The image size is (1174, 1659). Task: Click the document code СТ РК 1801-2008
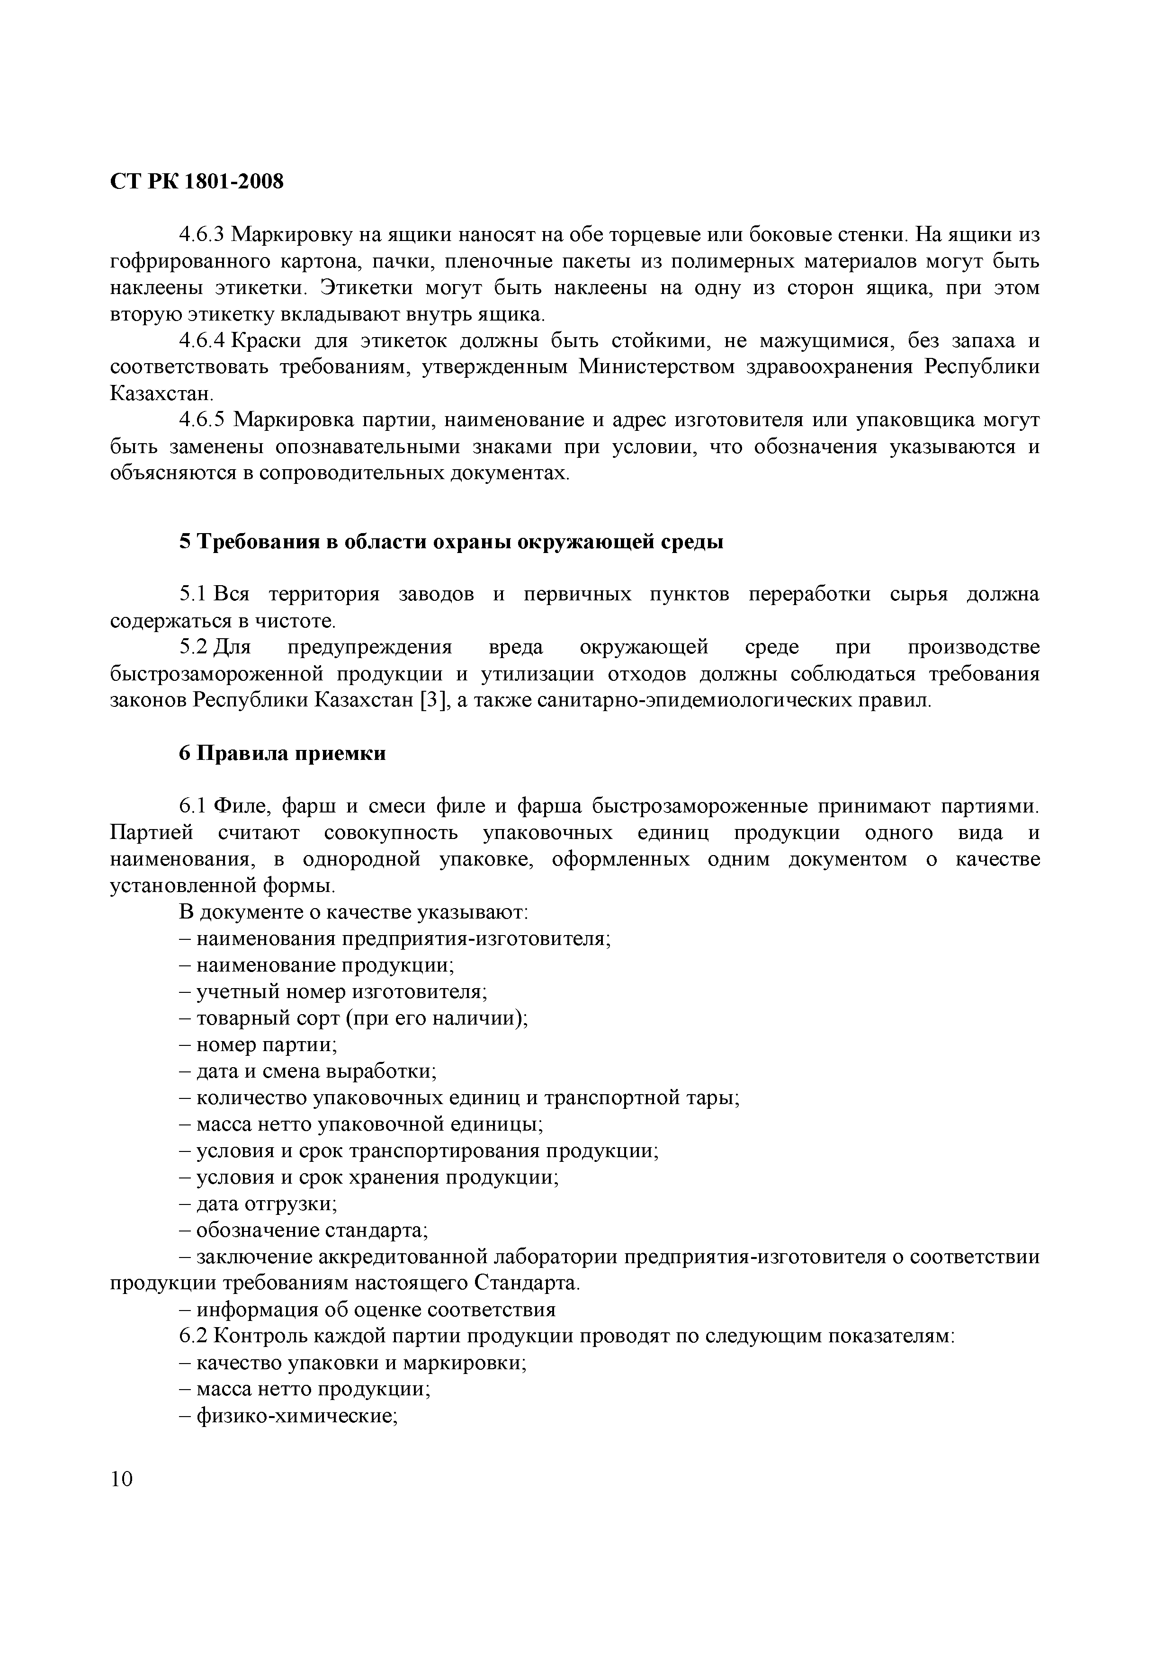[x=197, y=181]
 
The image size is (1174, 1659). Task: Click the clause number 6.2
[x=193, y=1336]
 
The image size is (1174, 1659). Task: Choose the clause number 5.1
[x=193, y=594]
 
